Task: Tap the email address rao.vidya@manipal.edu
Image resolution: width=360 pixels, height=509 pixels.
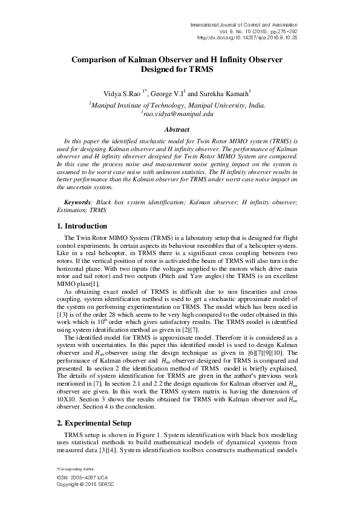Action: pos(177,113)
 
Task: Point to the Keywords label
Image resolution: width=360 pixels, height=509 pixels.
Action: pos(78,200)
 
